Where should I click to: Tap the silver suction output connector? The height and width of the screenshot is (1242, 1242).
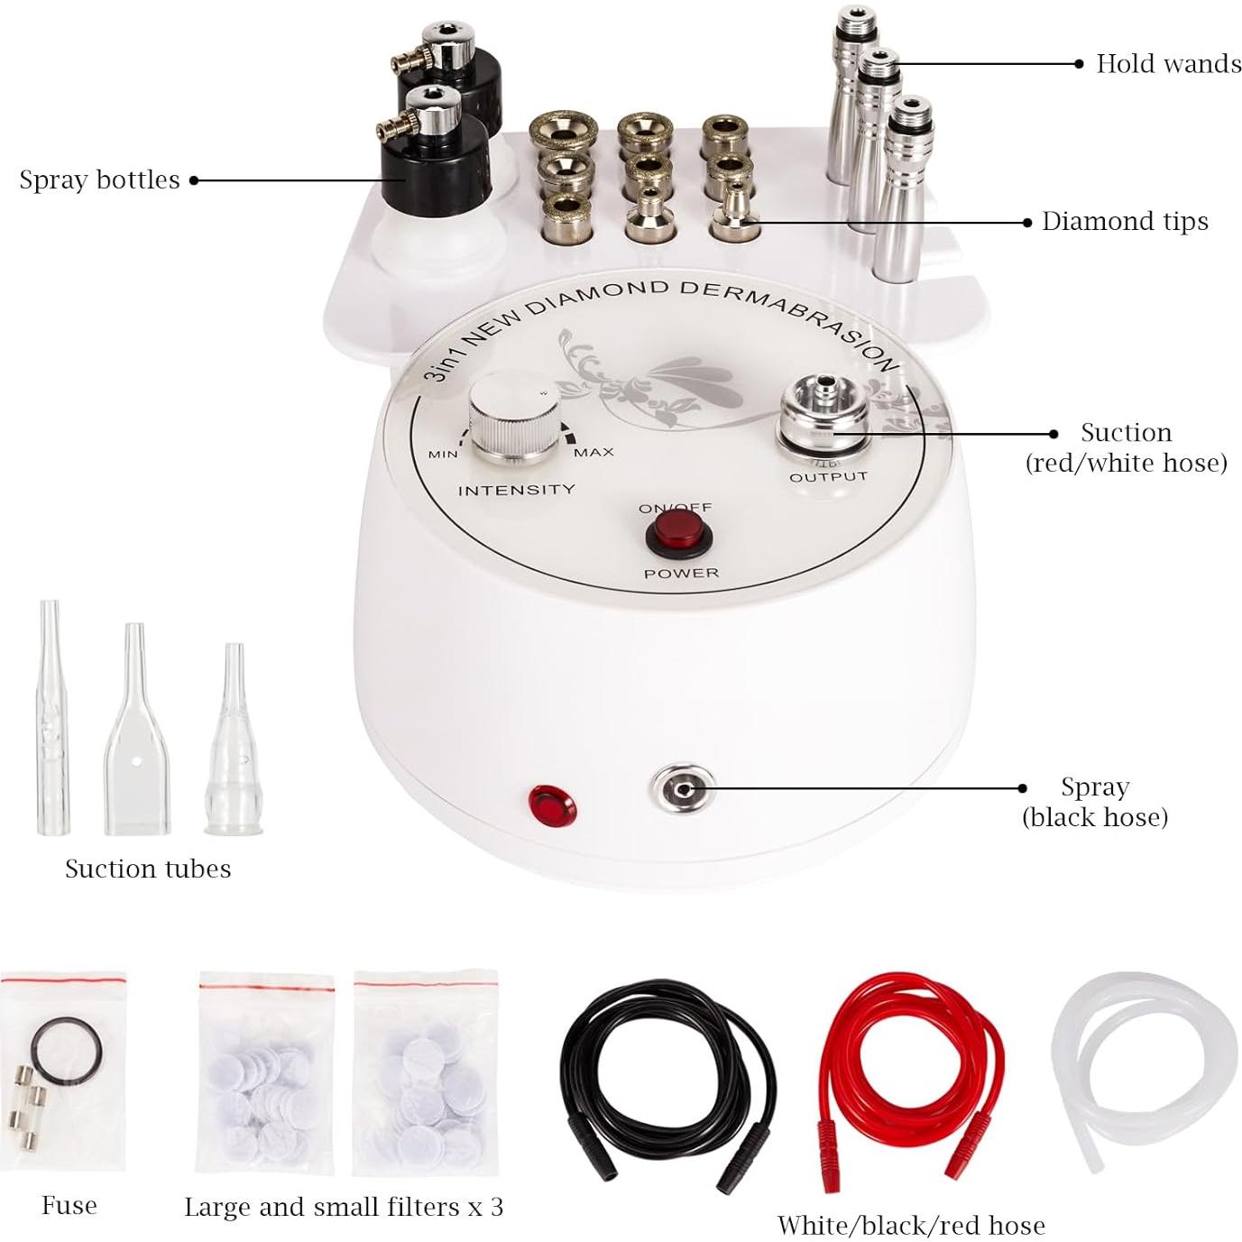(x=826, y=420)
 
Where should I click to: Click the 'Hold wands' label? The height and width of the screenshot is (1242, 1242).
(x=1168, y=64)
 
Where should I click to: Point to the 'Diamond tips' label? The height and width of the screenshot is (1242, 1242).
(x=1125, y=222)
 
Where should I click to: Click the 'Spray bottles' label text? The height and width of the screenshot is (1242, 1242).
(x=99, y=179)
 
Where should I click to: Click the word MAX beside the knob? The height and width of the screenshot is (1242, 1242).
(x=593, y=452)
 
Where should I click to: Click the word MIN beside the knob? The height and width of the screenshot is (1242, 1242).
(x=442, y=454)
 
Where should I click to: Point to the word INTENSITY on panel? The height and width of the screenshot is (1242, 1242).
(x=516, y=490)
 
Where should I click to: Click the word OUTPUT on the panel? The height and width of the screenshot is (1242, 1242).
(x=828, y=476)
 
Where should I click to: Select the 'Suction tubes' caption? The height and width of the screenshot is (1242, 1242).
(x=148, y=869)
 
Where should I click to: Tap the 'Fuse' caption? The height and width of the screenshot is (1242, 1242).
(x=69, y=1205)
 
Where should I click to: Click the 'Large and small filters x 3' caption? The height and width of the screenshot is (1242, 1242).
(x=344, y=1207)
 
